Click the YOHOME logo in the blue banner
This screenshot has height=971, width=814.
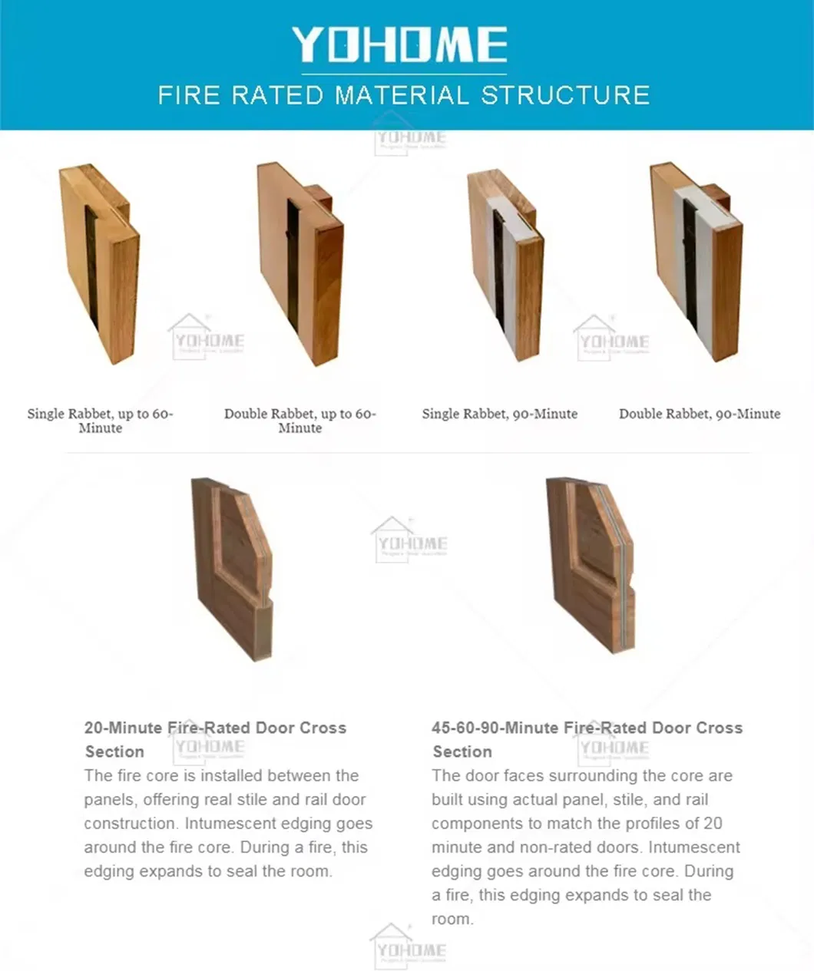(x=399, y=44)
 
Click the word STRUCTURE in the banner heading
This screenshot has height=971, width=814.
(x=565, y=95)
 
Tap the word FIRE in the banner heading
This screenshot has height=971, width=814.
(x=190, y=95)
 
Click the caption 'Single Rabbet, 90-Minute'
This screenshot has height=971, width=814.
(x=499, y=414)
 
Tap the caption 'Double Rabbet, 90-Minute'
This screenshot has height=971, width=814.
(x=700, y=414)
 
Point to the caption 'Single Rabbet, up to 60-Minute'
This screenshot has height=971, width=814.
(x=100, y=421)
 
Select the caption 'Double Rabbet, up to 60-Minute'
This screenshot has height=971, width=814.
(x=300, y=421)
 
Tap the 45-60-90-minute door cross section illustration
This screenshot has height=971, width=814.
(x=591, y=564)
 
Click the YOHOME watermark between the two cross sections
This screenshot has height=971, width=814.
(x=409, y=540)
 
